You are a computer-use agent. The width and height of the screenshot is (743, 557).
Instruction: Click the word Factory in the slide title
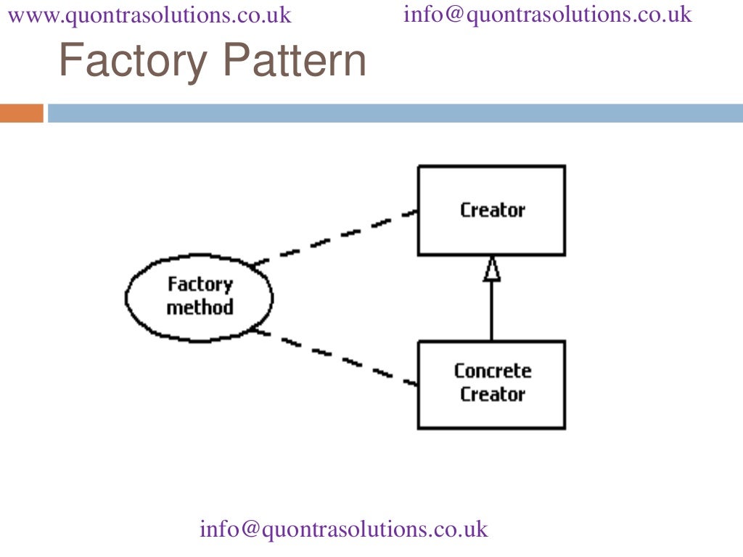tap(132, 62)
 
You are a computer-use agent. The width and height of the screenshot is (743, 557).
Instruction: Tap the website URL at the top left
tap(149, 15)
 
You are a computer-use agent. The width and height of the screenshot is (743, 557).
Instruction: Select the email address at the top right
tap(548, 15)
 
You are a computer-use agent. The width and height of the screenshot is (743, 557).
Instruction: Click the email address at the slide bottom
tap(344, 529)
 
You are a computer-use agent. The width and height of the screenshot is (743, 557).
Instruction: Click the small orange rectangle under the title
tap(22, 113)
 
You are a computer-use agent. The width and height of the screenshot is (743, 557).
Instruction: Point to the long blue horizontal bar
tap(395, 113)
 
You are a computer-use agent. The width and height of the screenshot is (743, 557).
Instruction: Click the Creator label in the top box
tap(492, 210)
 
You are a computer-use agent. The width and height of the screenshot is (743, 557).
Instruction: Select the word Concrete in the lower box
tap(492, 371)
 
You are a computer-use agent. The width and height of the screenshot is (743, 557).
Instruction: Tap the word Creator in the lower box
tap(492, 395)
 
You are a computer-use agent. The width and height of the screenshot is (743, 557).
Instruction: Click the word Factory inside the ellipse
tap(200, 284)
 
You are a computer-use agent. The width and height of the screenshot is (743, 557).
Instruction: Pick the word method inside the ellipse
tap(200, 308)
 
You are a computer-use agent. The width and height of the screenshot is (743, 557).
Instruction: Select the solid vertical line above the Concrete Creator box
tap(492, 312)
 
